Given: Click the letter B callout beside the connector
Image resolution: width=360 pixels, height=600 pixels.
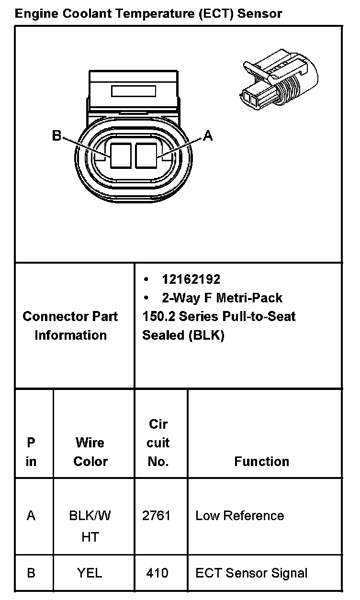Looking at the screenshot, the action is click(56, 136).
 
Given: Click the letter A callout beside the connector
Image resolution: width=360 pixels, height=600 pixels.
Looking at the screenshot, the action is click(208, 136).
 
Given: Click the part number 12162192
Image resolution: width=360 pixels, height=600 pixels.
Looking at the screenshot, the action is click(191, 279).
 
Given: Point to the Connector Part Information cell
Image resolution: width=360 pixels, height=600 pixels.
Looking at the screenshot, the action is click(70, 325).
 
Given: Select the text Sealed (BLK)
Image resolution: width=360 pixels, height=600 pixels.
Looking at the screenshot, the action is click(183, 335).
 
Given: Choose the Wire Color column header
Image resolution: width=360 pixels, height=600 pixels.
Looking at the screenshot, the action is click(90, 452).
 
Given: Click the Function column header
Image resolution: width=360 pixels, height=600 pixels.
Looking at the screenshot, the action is click(261, 461).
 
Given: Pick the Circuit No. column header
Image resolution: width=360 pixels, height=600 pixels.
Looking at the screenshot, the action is click(158, 443).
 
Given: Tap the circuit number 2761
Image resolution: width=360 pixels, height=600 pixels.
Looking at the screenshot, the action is click(156, 516).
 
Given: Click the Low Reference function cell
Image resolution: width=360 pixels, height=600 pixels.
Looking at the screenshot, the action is click(239, 516).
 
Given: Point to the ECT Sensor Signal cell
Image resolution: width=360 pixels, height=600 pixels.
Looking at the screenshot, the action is click(251, 573).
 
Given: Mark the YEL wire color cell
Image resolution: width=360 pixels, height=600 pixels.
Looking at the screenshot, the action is click(90, 573).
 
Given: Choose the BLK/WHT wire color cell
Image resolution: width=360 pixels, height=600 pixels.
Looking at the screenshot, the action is click(90, 526).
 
